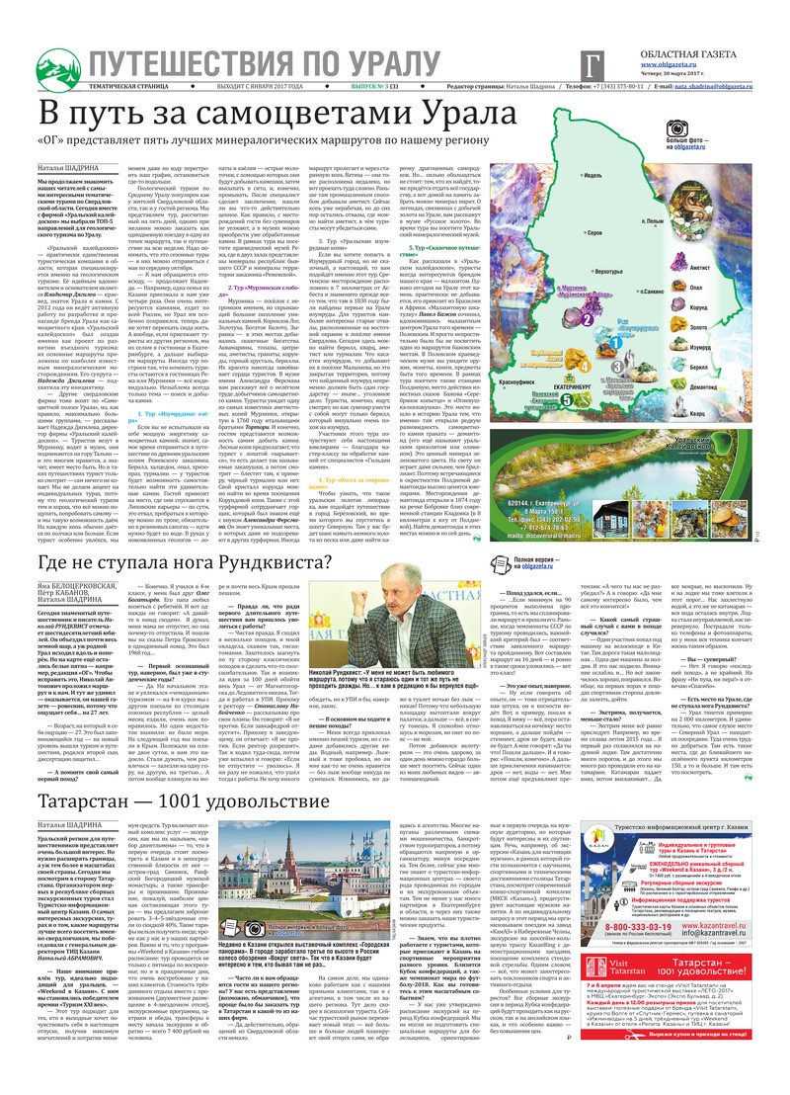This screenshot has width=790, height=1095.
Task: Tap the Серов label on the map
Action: [595, 234]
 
